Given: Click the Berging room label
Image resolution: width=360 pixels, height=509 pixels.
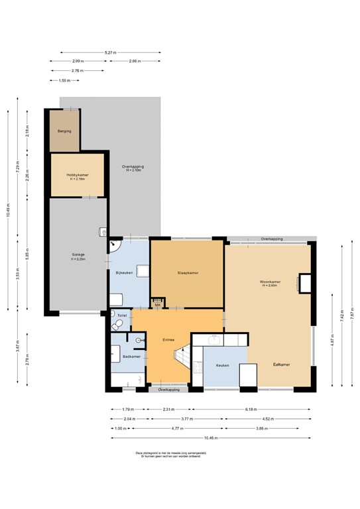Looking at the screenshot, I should [64, 131].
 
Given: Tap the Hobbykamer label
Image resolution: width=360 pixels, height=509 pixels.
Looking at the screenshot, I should [78, 176].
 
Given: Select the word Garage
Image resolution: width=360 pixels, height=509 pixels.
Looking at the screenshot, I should [78, 254].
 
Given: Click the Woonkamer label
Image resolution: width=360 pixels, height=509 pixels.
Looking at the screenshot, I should [270, 282].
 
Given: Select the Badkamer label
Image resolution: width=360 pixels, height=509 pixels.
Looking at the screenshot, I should [131, 356].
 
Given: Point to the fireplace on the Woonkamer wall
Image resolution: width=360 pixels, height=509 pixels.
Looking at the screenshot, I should [306, 284].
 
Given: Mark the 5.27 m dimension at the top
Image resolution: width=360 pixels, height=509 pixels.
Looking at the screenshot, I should [110, 52].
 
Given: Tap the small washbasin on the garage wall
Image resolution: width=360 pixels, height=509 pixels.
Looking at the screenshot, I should [103, 232].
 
